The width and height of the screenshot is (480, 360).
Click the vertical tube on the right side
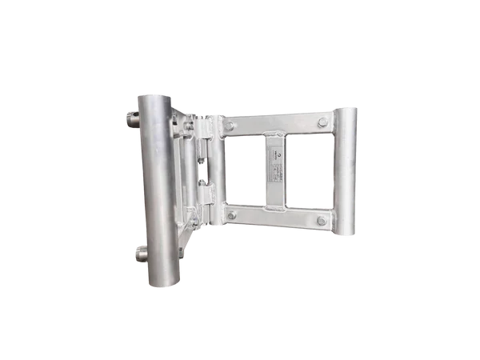[x=346, y=172]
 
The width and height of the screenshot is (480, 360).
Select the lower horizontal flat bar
[x=276, y=218]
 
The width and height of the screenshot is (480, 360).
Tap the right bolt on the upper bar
[x=322, y=122]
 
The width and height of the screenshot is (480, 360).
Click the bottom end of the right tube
[x=346, y=236]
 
